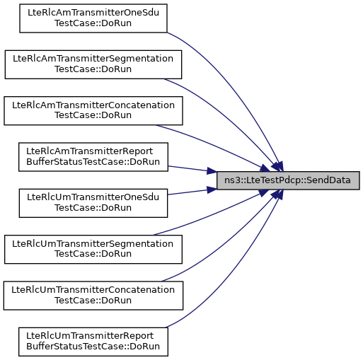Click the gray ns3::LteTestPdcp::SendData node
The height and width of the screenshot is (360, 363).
[x=288, y=180]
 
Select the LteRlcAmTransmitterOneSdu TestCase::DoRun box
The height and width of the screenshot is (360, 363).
[x=93, y=18]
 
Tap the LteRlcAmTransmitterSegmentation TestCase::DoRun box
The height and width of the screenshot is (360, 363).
[x=93, y=64]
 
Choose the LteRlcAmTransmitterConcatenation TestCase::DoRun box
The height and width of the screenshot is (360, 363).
[x=93, y=110]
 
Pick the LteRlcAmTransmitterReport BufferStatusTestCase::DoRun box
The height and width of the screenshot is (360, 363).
[x=93, y=157]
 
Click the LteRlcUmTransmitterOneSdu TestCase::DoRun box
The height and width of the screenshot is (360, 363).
[x=93, y=203]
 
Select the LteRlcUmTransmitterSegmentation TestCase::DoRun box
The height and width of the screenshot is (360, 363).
[x=93, y=249]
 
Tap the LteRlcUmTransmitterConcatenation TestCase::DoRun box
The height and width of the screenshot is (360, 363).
[x=93, y=296]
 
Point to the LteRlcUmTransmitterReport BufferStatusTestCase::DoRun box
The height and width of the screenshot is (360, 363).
[x=93, y=342]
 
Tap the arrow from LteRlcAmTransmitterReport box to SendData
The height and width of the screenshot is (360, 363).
[x=192, y=169]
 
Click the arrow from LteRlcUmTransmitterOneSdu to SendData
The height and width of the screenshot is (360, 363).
[x=192, y=192]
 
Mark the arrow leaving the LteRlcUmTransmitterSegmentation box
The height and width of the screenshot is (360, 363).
[x=212, y=215]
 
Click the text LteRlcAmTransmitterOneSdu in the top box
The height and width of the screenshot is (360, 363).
[x=93, y=13]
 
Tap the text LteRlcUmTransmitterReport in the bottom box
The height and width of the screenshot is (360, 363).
[x=90, y=336]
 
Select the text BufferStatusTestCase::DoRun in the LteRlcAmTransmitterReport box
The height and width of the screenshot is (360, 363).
[x=93, y=162]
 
